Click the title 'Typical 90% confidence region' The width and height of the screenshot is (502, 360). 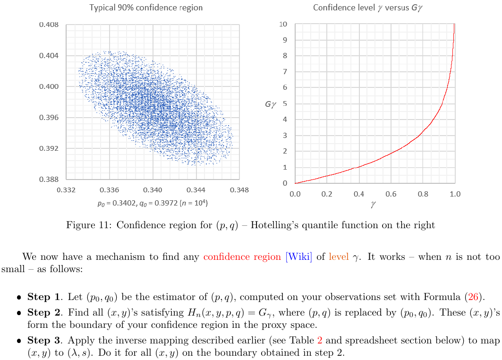[146, 8]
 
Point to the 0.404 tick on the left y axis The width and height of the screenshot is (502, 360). [49, 56]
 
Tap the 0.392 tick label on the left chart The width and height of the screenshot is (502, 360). [49, 148]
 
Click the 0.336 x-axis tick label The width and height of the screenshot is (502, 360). [110, 190]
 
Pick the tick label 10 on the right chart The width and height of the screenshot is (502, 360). [283, 24]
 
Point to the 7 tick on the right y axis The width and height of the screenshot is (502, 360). [285, 72]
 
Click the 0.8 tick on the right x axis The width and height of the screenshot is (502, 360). [423, 194]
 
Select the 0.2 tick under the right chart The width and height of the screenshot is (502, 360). [327, 194]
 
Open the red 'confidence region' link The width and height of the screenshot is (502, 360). [242, 257]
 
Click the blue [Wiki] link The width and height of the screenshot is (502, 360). [299, 257]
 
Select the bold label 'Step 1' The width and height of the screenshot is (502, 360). [45, 297]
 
